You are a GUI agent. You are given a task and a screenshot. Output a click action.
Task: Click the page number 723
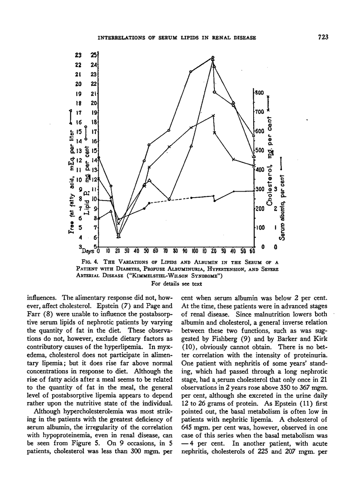tap(322, 37)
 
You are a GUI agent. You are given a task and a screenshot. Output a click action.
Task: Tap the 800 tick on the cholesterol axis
tap(259, 93)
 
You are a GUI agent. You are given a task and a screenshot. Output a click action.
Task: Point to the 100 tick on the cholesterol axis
tap(259, 228)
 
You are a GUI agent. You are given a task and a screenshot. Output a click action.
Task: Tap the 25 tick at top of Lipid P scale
tap(94, 55)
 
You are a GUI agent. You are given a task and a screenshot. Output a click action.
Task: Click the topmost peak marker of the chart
tap(213, 57)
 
